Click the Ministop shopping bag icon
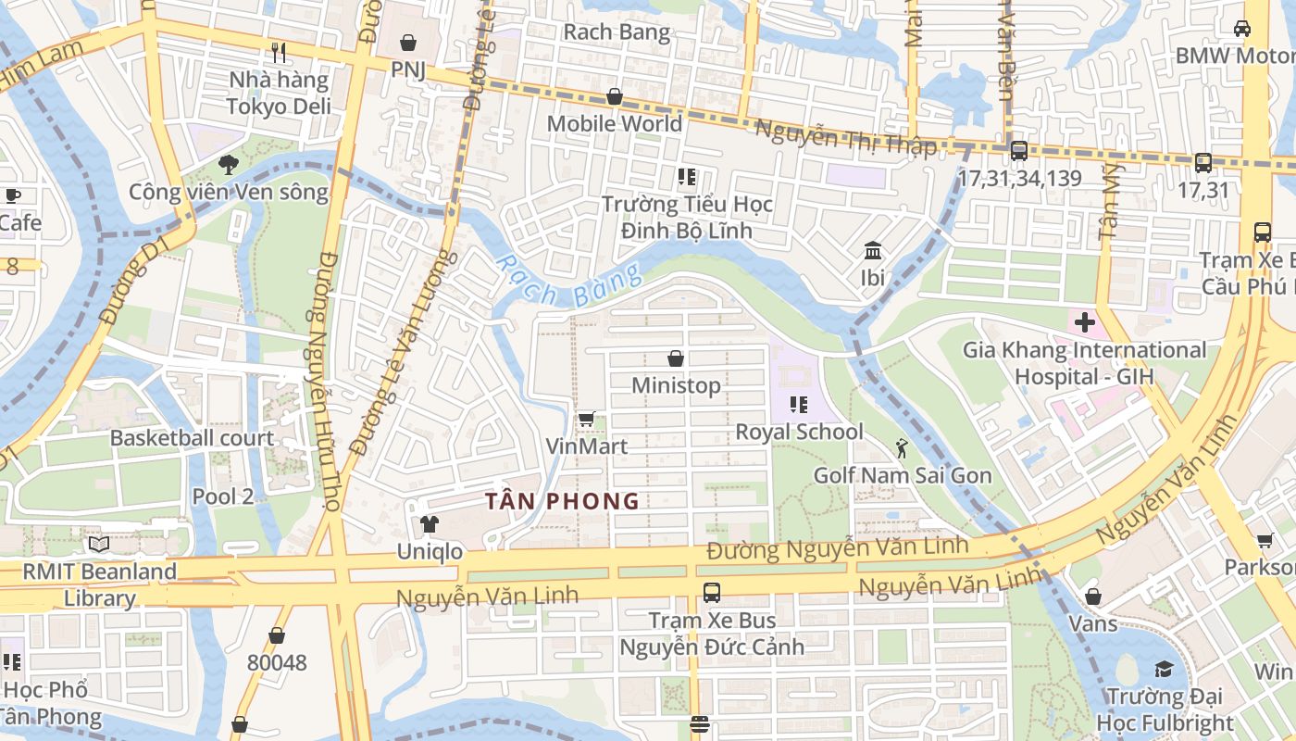(676, 358)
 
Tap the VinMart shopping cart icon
(586, 420)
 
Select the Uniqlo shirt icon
(429, 524)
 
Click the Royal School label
(799, 432)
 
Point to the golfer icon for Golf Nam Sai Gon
(902, 449)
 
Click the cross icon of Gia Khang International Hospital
(1084, 323)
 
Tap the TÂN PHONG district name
(563, 502)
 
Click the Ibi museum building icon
(872, 251)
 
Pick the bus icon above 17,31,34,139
(1018, 150)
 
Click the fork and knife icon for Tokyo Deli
(279, 52)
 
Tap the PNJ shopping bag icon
(407, 43)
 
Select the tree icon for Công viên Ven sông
(228, 166)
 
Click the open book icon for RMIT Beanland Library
(99, 545)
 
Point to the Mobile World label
(614, 123)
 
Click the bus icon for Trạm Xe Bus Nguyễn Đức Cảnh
(711, 592)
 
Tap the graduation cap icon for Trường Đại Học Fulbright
(1164, 669)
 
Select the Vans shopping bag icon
(1093, 597)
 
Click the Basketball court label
(192, 438)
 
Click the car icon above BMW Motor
(1242, 29)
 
